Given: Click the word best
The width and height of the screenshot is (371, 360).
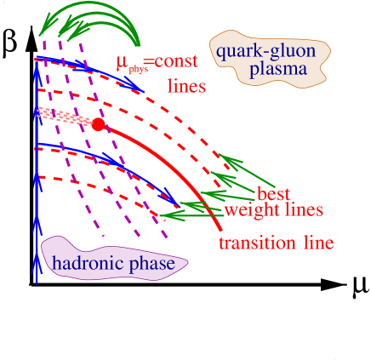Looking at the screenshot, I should coord(274,194).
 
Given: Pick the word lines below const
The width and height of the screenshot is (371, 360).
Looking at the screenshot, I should coord(187,86).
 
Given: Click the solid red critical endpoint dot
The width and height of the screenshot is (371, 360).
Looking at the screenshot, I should coord(99,125).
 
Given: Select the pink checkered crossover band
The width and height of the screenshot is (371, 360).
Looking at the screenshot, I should coord(65,117).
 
